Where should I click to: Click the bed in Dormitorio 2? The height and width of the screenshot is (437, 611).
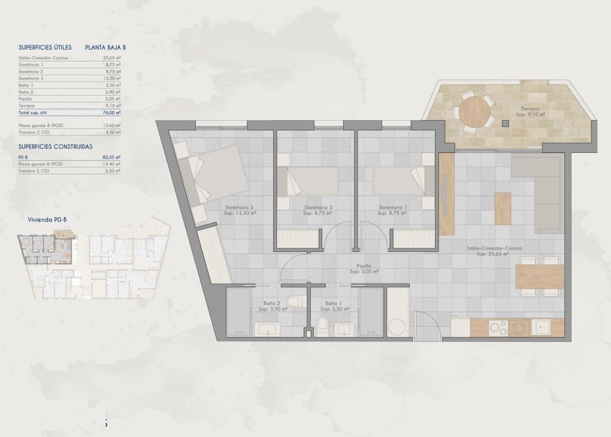(310, 180)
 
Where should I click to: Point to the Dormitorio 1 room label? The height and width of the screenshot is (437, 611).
(393, 208)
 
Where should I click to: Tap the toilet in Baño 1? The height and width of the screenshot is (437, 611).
(322, 326)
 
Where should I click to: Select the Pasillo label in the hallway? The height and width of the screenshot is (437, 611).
(364, 266)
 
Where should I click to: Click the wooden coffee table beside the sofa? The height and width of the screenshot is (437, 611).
(502, 208)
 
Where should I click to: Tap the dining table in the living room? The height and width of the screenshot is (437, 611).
(539, 276)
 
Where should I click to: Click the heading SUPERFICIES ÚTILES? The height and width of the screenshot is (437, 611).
(45, 47)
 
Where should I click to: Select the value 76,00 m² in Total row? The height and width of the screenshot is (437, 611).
(111, 112)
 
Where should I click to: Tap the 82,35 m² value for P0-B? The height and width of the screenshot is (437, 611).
(111, 156)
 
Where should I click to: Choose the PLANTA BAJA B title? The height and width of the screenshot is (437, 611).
(106, 47)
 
